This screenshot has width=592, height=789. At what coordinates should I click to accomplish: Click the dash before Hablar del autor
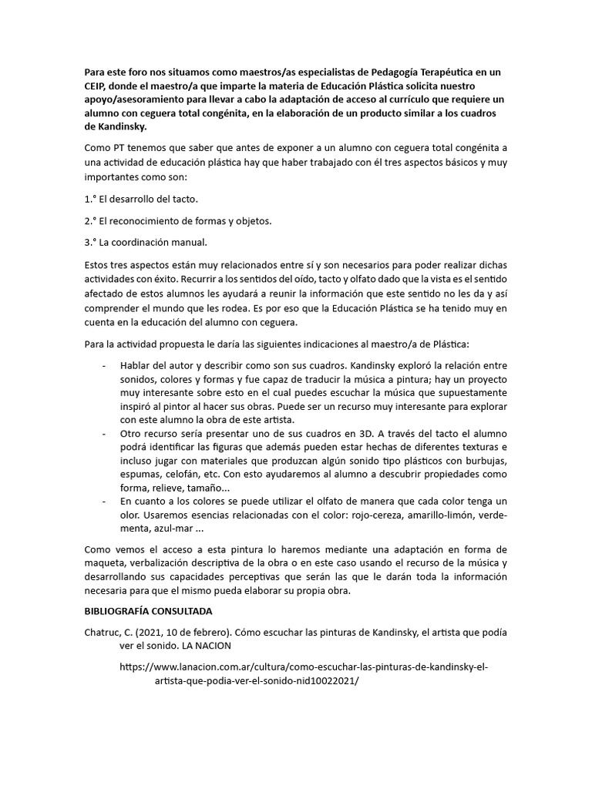104,364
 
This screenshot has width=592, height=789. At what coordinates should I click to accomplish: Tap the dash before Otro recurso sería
104,433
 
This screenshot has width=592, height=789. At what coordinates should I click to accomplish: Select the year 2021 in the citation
154,633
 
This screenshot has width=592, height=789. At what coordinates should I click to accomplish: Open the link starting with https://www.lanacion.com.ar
304,668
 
